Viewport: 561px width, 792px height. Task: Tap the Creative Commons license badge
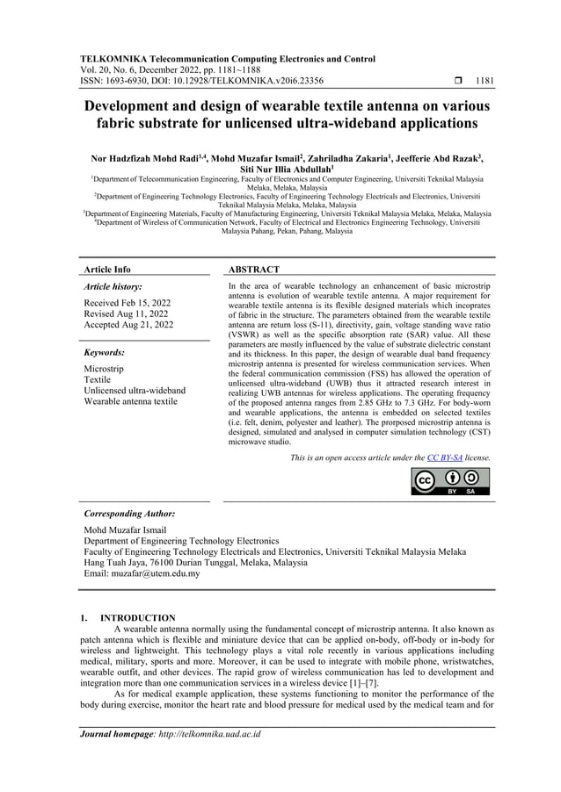pyautogui.click(x=450, y=482)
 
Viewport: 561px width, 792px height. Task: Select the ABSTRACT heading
pyautogui.click(x=253, y=270)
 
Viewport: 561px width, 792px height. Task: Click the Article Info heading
pyautogui.click(x=106, y=270)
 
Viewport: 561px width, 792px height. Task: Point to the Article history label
pyautogui.click(x=113, y=287)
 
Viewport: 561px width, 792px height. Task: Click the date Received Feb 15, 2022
pyautogui.click(x=127, y=302)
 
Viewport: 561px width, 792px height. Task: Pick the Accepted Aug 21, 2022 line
pyautogui.click(x=128, y=325)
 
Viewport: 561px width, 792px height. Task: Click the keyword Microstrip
pyautogui.click(x=104, y=369)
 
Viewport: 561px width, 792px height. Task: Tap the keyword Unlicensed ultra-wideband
pyautogui.click(x=134, y=391)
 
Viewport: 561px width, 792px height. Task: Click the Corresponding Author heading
pyautogui.click(x=128, y=514)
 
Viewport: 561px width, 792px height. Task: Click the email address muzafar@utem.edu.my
pyautogui.click(x=156, y=573)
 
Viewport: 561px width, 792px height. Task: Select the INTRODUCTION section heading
pyautogui.click(x=138, y=618)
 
